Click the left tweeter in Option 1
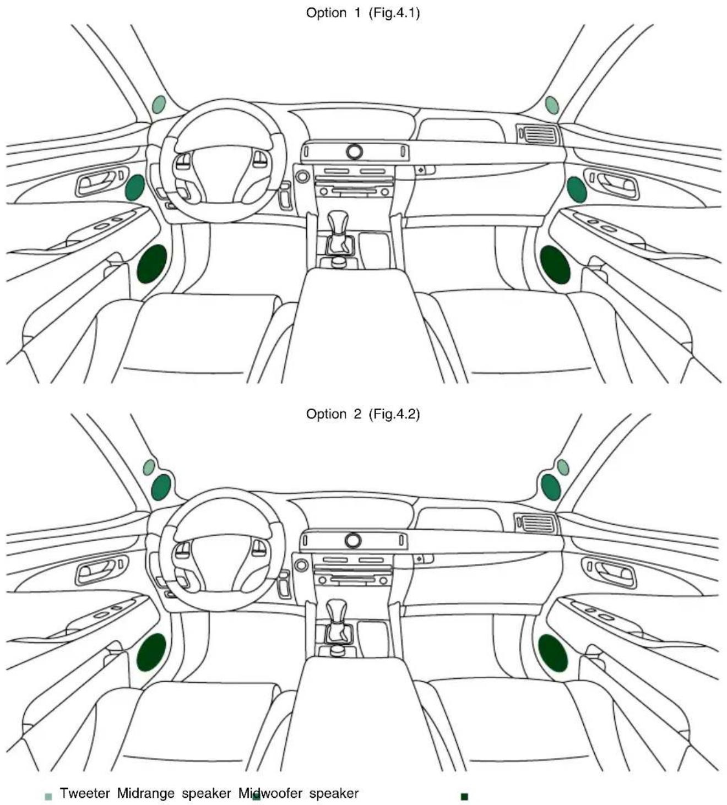[x=159, y=104]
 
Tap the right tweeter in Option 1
[x=552, y=105]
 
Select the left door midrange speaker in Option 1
[x=135, y=187]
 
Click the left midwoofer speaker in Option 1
[x=152, y=264]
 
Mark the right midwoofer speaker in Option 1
[x=555, y=265]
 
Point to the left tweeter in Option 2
[x=149, y=467]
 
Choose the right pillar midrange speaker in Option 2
[x=551, y=487]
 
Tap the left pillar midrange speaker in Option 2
[x=161, y=487]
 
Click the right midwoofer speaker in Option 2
[x=553, y=652]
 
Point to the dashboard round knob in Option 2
[x=353, y=541]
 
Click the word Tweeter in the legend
[x=85, y=793]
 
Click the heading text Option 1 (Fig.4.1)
[x=363, y=13]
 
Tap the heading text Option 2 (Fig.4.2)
[x=363, y=414]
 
